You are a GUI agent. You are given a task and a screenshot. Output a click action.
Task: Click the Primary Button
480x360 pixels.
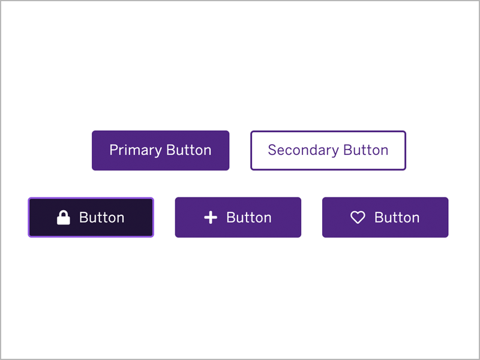(160, 151)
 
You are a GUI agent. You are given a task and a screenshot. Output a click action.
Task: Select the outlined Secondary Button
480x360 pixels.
(328, 151)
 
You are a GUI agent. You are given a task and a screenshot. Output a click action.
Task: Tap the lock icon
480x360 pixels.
(64, 217)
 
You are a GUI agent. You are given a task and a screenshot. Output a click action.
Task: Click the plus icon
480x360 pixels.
(211, 217)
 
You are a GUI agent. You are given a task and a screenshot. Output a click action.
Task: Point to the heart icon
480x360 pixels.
(358, 217)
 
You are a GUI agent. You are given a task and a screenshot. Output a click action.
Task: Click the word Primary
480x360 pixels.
(136, 151)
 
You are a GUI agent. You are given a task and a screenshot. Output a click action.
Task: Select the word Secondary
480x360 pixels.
(303, 151)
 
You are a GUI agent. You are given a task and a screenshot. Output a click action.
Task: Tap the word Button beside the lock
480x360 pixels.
(101, 218)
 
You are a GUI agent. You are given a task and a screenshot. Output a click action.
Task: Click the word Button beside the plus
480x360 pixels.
(249, 218)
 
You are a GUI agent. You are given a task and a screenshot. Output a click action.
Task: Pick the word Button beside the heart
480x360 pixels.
(397, 218)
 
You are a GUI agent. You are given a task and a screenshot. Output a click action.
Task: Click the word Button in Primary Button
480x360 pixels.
(189, 150)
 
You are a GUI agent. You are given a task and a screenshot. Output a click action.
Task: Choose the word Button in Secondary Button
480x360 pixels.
(366, 150)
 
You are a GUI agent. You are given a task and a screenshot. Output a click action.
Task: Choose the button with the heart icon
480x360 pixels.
(385, 217)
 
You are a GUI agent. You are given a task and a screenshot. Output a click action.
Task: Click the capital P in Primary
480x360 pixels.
(114, 150)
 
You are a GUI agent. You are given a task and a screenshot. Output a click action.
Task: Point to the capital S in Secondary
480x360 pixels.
(273, 150)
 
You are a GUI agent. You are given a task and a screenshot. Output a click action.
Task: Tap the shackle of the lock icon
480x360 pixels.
(64, 214)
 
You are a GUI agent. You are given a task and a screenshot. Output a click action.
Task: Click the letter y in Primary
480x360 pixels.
(158, 152)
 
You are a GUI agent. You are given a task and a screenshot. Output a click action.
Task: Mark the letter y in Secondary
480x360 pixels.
(335, 152)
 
